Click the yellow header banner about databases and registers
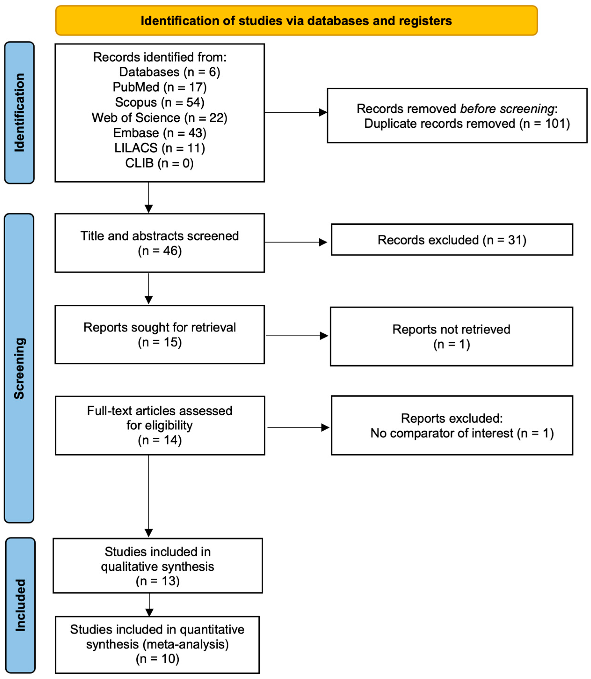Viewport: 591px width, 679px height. pyautogui.click(x=296, y=20)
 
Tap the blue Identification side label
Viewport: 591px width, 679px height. pyautogui.click(x=19, y=113)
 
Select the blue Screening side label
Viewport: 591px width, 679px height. pyautogui.click(x=19, y=368)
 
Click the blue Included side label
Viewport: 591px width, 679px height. pyautogui.click(x=20, y=605)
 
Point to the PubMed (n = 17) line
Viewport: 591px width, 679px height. pyautogui.click(x=160, y=87)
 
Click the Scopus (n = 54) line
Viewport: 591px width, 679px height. pyautogui.click(x=160, y=102)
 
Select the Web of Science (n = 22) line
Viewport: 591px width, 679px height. pyautogui.click(x=160, y=117)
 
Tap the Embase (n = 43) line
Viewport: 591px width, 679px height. pyautogui.click(x=160, y=133)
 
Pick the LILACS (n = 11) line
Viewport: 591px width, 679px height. pyautogui.click(x=160, y=148)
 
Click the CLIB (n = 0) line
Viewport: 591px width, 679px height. pyautogui.click(x=160, y=163)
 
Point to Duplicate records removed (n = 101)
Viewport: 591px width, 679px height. pyautogui.click(x=467, y=124)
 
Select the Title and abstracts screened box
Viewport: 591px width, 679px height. pyautogui.click(x=160, y=243)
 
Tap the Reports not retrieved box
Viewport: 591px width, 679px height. pyautogui.click(x=451, y=336)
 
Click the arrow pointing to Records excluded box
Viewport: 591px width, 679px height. pyautogui.click(x=295, y=242)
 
